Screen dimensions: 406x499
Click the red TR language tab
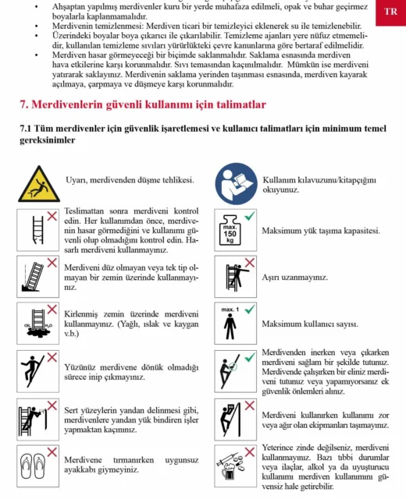tap(390, 12)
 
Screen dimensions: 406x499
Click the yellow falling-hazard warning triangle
tap(39, 185)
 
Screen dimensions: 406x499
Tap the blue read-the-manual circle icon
tap(236, 184)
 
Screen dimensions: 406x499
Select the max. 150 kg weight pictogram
tap(230, 230)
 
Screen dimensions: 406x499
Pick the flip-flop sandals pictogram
tap(33, 466)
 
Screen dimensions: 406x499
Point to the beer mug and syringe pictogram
tap(230, 466)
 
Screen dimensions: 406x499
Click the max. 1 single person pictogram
tap(230, 324)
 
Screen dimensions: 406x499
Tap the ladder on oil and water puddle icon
tap(38, 324)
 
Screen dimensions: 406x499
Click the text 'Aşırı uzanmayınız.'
tap(295, 278)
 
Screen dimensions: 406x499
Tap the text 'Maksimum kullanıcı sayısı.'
tap(310, 324)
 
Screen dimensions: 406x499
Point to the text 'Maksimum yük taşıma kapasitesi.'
tap(321, 231)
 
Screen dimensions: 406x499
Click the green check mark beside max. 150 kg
tap(250, 216)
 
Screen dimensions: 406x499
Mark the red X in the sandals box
tap(52, 452)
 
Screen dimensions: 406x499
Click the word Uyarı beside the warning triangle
tap(77, 180)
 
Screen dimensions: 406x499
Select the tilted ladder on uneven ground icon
tap(33, 277)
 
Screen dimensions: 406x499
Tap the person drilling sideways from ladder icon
tap(33, 420)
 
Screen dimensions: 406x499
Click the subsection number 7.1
tap(26, 129)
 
